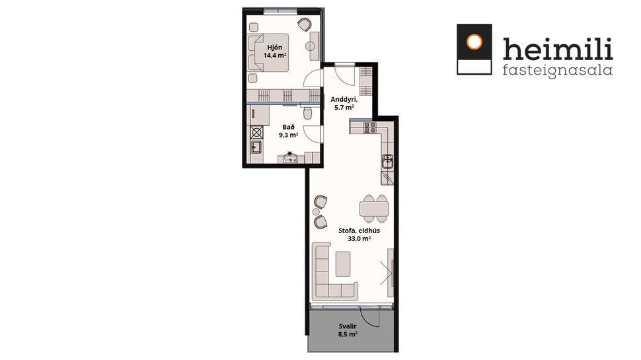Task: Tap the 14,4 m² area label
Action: pyautogui.click(x=274, y=56)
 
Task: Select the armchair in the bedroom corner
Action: pyautogui.click(x=303, y=24)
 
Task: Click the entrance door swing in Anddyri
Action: pyautogui.click(x=344, y=75)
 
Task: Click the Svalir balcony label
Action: pyautogui.click(x=348, y=326)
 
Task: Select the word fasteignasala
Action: pyautogui.click(x=557, y=69)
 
